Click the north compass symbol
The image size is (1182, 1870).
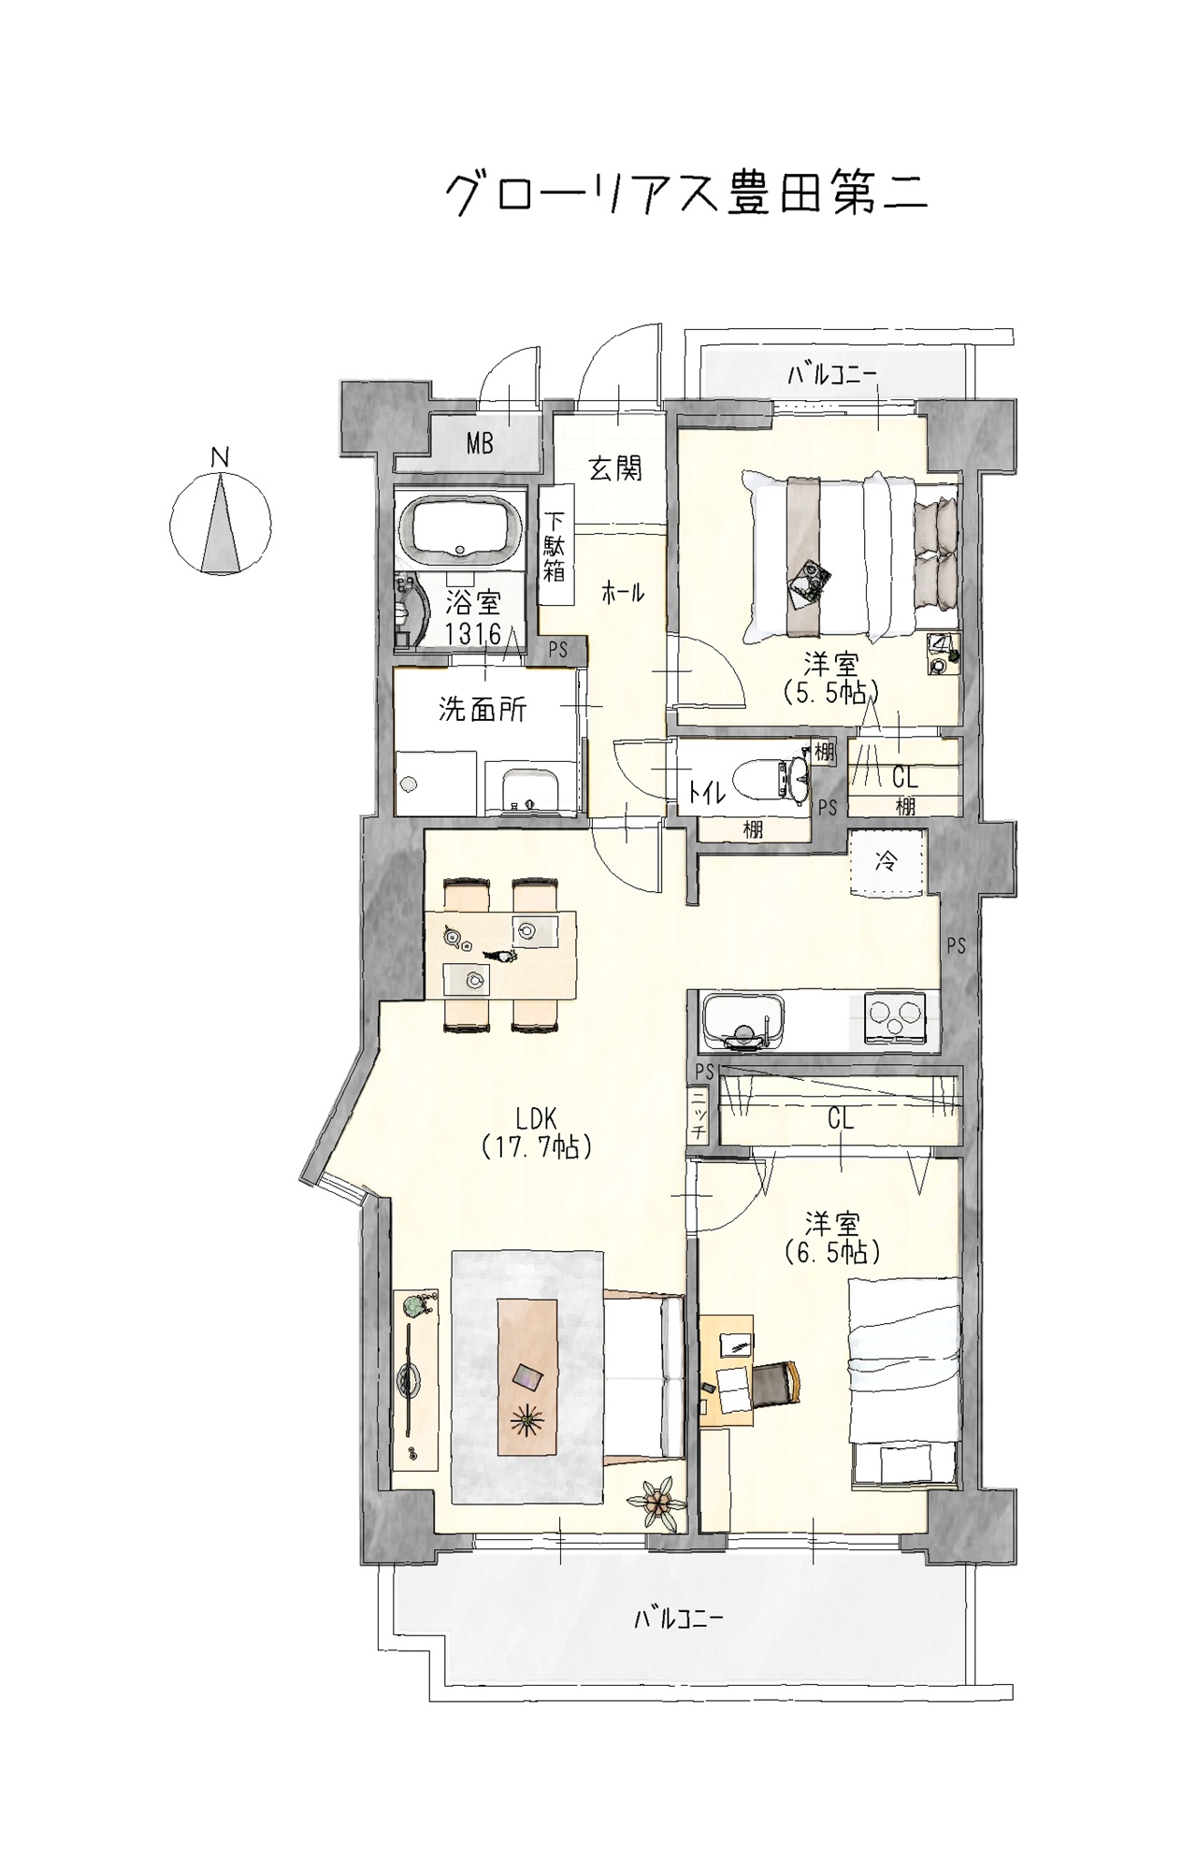coord(221,522)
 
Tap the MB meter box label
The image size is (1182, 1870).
coord(480,442)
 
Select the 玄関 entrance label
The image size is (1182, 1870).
coord(615,467)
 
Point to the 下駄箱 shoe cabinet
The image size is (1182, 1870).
coord(555,546)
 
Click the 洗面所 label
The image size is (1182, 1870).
coord(483,710)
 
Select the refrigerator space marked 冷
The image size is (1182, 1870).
coord(886,863)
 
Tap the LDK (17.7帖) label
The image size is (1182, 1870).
coord(537,1132)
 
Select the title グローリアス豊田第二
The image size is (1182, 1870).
coord(685,193)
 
